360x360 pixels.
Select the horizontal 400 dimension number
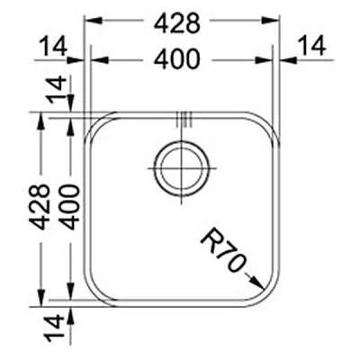click(183, 60)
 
